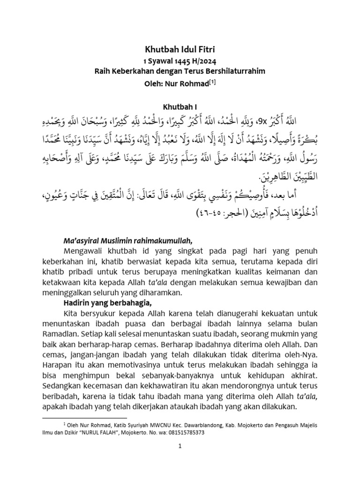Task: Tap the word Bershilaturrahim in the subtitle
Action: (x=233, y=71)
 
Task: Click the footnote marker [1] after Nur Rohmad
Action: (x=212, y=82)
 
